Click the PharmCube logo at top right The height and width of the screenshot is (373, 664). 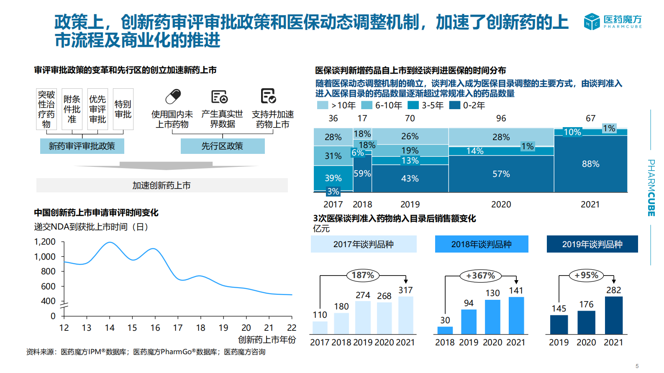coord(613,21)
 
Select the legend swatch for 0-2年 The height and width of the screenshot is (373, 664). coord(454,105)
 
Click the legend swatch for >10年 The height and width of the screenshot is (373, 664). coord(323,105)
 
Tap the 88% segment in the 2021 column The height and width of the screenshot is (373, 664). coord(590,164)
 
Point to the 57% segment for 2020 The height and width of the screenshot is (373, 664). coord(501,174)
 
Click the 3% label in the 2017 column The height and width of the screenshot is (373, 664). coord(333,192)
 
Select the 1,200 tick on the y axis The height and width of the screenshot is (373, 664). coord(45,242)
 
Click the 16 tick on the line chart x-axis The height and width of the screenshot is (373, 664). coord(155,328)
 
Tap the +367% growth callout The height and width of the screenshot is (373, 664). coord(480,276)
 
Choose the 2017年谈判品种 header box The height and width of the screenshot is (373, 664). coord(363,244)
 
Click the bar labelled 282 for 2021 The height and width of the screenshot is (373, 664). coord(613,315)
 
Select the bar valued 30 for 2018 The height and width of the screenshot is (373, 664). coord(445,330)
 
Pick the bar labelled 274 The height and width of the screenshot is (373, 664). coord(363,317)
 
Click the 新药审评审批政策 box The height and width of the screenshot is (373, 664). coord(82,146)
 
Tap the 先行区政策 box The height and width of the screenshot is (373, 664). coord(223,146)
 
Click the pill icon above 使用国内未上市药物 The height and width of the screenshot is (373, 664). coord(173,97)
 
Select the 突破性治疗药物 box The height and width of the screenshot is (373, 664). coord(46,109)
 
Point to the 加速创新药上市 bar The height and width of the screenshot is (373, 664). coord(162,185)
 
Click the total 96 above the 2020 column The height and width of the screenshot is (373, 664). coord(501,118)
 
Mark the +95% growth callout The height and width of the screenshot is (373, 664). coord(586,275)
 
